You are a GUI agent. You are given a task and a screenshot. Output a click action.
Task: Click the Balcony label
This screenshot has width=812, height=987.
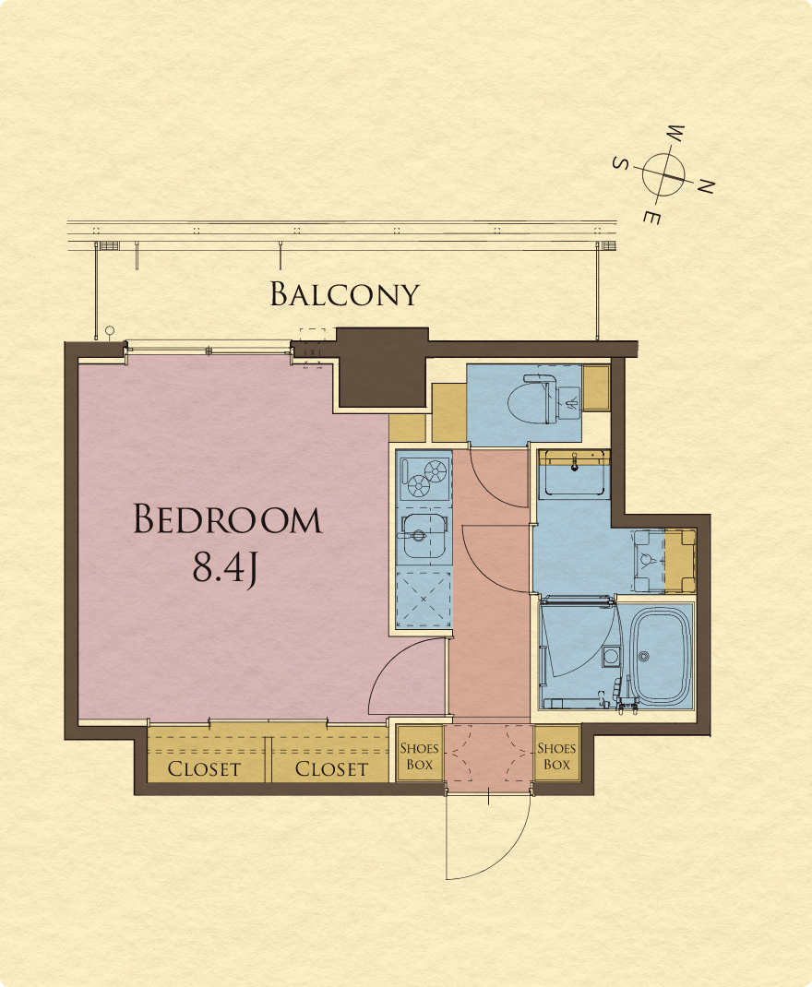[x=344, y=294]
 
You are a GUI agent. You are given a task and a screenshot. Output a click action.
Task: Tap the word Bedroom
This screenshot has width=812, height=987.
[x=227, y=519]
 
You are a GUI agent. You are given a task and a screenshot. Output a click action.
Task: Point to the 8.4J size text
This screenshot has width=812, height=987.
[x=225, y=567]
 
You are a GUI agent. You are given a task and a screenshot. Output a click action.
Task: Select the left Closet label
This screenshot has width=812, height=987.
[x=204, y=768]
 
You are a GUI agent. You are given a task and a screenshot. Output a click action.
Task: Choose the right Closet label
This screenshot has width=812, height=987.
[x=331, y=768]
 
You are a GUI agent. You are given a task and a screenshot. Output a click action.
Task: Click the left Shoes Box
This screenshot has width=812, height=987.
[x=419, y=755]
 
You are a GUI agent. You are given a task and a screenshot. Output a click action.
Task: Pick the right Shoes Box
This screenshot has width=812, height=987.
[x=556, y=755]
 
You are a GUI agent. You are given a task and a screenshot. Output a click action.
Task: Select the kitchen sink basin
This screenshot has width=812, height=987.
[x=424, y=536]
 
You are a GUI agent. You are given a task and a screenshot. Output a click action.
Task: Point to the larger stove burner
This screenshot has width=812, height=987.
[x=436, y=471]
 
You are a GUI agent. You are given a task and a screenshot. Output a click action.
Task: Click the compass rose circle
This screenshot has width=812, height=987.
[x=664, y=172]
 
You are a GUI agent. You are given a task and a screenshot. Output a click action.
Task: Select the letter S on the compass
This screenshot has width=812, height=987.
[x=621, y=163]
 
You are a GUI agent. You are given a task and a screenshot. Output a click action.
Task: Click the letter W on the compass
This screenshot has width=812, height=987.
[x=675, y=134]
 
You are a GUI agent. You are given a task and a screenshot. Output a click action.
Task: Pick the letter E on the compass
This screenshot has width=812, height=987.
[x=652, y=218]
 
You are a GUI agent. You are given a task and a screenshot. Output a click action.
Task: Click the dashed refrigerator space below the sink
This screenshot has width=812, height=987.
[x=424, y=600]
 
